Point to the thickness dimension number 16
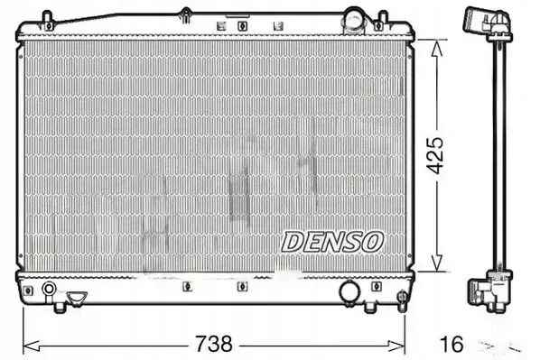454,344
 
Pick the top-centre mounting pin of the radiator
185,15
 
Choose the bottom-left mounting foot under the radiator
60,308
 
